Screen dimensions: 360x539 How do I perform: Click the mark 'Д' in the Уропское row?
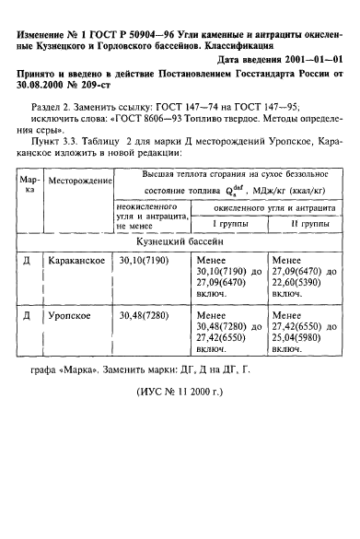click(29, 315)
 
